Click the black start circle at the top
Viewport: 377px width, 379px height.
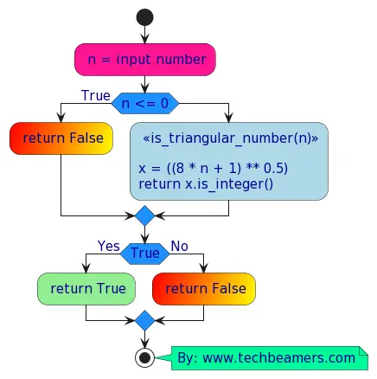click(x=144, y=17)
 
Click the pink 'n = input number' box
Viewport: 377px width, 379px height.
click(x=144, y=60)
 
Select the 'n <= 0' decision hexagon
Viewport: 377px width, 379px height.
click(x=144, y=104)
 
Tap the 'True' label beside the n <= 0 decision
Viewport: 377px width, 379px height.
click(x=96, y=95)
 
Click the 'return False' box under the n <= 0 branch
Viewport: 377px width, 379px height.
click(x=61, y=138)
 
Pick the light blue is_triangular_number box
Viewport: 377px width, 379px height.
click(x=229, y=161)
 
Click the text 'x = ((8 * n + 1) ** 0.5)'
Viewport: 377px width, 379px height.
click(x=213, y=167)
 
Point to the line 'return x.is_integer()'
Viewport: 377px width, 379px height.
click(x=205, y=183)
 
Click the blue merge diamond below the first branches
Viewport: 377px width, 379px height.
click(x=144, y=215)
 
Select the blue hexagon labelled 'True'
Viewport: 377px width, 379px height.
click(x=144, y=254)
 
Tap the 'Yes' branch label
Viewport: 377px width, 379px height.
click(x=109, y=247)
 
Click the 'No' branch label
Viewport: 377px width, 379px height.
click(x=179, y=247)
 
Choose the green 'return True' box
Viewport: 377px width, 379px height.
click(x=86, y=288)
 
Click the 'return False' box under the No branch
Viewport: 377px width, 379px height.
click(x=204, y=288)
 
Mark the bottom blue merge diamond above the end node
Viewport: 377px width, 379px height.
click(x=144, y=321)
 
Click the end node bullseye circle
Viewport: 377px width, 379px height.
click(x=144, y=357)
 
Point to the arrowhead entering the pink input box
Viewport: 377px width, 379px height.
click(x=144, y=40)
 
